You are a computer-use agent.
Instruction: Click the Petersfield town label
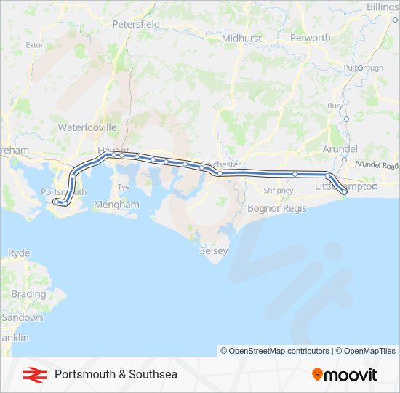[x=136, y=24]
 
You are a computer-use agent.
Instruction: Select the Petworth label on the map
[x=310, y=38]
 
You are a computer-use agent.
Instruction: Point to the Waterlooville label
[x=87, y=127]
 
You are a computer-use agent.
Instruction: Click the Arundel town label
[x=340, y=148]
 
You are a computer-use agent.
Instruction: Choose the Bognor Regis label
[x=277, y=208]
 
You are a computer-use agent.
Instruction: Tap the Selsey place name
[x=214, y=251]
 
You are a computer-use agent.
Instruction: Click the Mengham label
[x=116, y=205]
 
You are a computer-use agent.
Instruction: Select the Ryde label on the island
[x=19, y=253]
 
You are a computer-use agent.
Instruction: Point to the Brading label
[x=28, y=295]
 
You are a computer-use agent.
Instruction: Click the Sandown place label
[x=22, y=318]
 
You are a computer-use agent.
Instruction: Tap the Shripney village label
[x=279, y=191]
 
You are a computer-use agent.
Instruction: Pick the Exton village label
[x=35, y=45]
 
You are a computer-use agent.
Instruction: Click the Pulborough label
[x=364, y=68]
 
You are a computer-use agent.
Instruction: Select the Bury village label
[x=335, y=106]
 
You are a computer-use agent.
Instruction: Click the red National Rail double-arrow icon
[x=31, y=375]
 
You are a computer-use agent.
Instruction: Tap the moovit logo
[x=345, y=375]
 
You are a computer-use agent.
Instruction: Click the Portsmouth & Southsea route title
[x=116, y=375]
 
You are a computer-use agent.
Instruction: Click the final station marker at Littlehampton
[x=344, y=192]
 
